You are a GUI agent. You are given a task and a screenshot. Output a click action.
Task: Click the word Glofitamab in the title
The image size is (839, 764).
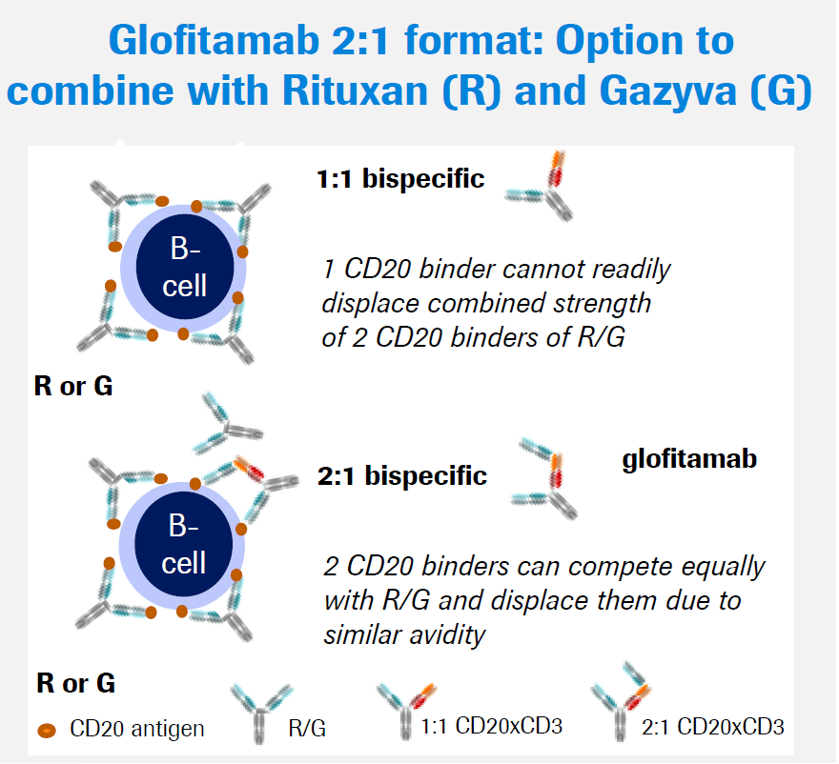pyautogui.click(x=214, y=40)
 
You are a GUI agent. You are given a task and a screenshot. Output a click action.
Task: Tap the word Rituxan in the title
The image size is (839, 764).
pyautogui.click(x=356, y=90)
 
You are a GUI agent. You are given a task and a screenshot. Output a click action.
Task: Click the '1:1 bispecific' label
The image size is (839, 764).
pyautogui.click(x=400, y=178)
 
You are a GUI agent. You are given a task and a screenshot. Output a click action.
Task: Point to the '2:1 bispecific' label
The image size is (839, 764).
pyautogui.click(x=401, y=475)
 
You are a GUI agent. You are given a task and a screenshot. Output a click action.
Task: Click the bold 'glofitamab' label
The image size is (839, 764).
pyautogui.click(x=689, y=459)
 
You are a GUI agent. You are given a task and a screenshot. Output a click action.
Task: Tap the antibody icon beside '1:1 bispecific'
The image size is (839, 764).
pyautogui.click(x=541, y=187)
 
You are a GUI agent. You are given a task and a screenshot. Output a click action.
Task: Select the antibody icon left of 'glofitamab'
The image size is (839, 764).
pyautogui.click(x=544, y=478)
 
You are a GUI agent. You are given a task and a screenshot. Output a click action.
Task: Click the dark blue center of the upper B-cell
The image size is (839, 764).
pyautogui.click(x=185, y=267)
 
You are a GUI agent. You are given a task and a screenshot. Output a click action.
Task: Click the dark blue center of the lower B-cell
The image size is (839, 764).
pyautogui.click(x=183, y=544)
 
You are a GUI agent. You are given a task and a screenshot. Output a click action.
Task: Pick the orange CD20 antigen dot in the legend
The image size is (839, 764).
pyautogui.click(x=47, y=731)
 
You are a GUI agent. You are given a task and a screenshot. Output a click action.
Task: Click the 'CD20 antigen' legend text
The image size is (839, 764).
pyautogui.click(x=137, y=729)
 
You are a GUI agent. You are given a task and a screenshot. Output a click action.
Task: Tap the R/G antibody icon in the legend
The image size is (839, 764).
pyautogui.click(x=260, y=714)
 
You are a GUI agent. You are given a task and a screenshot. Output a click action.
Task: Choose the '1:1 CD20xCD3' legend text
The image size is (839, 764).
pyautogui.click(x=491, y=727)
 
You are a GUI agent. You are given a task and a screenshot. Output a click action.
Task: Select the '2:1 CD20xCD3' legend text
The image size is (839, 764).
pyautogui.click(x=713, y=727)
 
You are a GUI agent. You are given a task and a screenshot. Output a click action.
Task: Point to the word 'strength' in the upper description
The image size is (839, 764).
pyautogui.click(x=602, y=304)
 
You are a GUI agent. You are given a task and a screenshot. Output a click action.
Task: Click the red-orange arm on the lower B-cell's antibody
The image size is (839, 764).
pyautogui.click(x=250, y=468)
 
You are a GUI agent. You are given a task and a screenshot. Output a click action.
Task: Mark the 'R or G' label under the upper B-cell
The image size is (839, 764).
pyautogui.click(x=73, y=386)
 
